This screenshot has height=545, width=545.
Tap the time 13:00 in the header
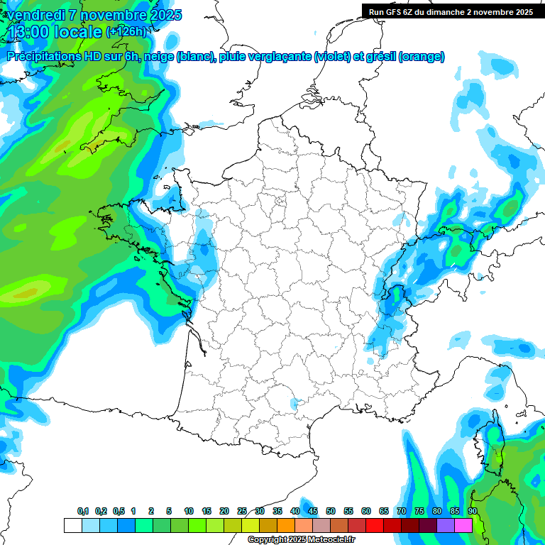click(31, 31)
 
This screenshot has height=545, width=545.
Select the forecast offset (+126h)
click(126, 31)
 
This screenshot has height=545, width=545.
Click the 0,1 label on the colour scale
click(82, 511)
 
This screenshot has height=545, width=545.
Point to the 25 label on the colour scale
click(242, 511)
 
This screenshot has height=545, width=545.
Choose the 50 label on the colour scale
click(331, 511)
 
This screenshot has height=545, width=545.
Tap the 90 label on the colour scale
click(473, 511)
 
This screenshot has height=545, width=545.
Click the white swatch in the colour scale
click(72, 525)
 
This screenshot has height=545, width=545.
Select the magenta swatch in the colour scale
click(463, 525)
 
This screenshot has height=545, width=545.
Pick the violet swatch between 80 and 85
click(446, 525)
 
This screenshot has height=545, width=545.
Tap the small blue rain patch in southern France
click(294, 404)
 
